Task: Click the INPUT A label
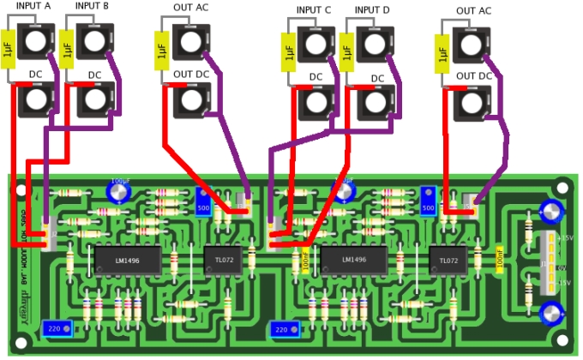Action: [33, 7]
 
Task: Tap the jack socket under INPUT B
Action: [93, 39]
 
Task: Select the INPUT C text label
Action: [314, 10]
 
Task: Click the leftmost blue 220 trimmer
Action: [56, 328]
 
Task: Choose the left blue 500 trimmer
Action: [204, 204]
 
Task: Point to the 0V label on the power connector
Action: [562, 268]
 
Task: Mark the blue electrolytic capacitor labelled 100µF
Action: [118, 189]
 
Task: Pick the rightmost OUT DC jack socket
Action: [472, 103]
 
